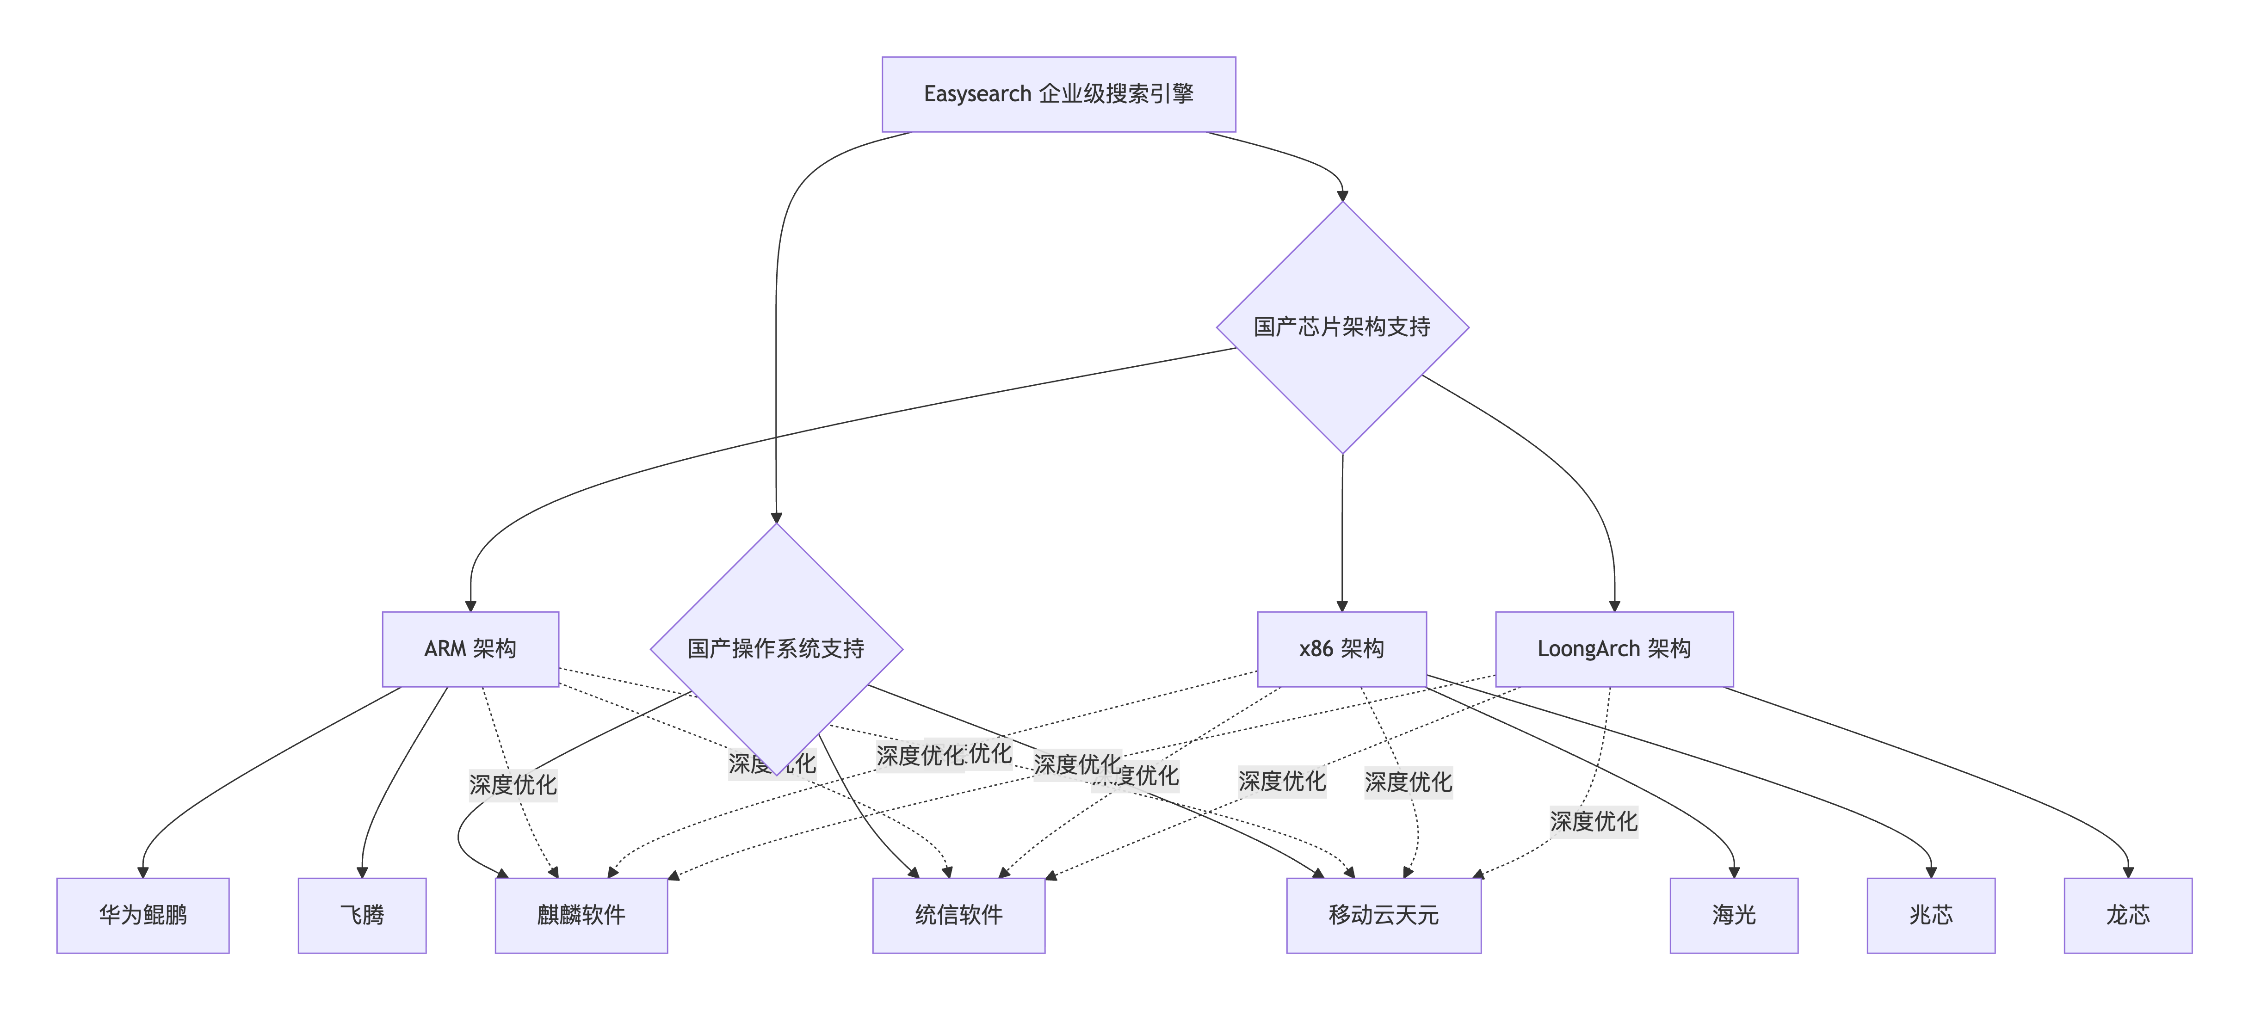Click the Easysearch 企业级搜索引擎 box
[x=1058, y=94]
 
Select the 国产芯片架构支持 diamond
[x=1342, y=327]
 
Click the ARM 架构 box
[x=470, y=649]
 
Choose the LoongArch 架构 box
[x=1613, y=649]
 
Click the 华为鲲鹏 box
[x=142, y=915]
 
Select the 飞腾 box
[x=361, y=915]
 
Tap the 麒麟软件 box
[x=581, y=915]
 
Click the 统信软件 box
[x=958, y=915]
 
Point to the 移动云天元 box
[x=1383, y=915]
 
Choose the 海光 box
[x=1733, y=915]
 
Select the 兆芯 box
[x=1930, y=915]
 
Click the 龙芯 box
[x=2128, y=915]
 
